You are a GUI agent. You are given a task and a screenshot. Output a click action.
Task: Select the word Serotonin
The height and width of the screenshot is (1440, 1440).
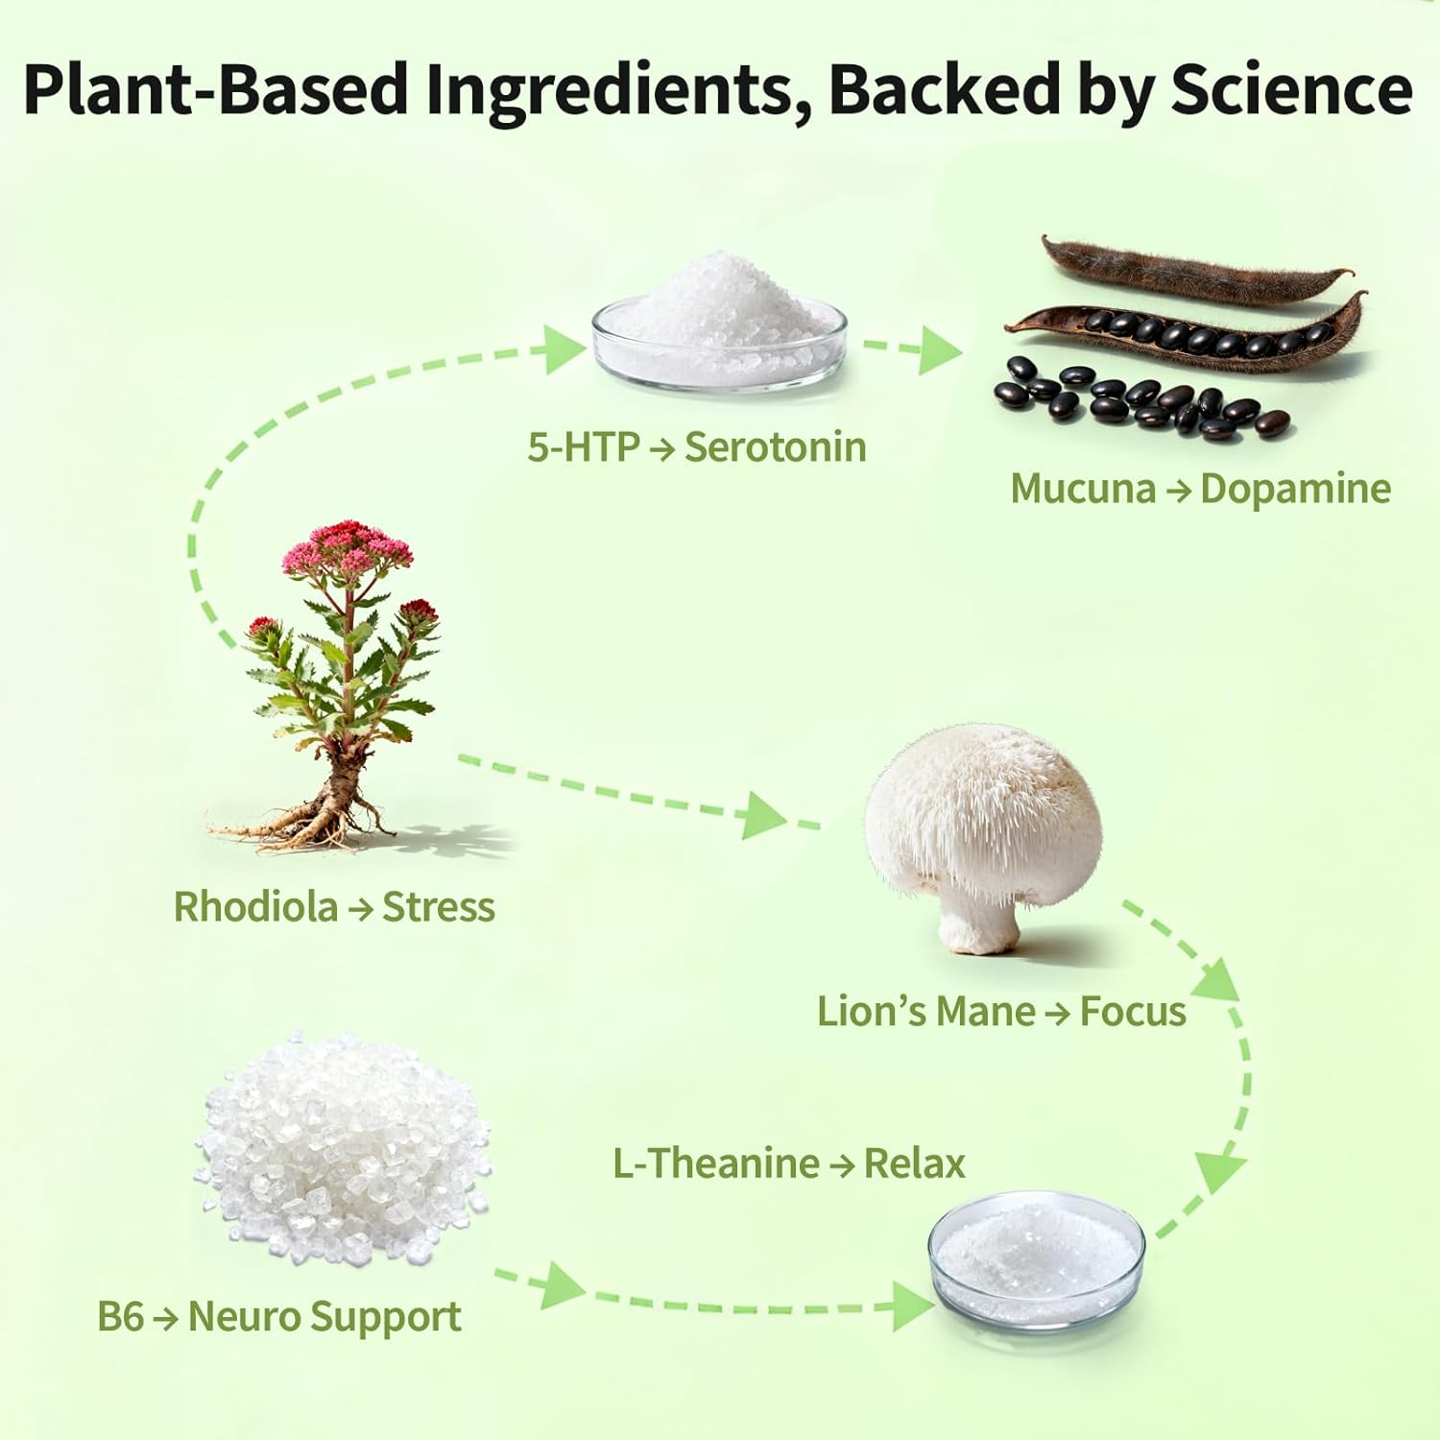click(x=775, y=447)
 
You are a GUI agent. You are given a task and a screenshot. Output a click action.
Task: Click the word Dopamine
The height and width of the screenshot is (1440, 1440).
click(x=1295, y=489)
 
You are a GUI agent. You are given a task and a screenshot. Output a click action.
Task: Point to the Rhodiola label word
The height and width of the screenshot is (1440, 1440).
click(x=255, y=907)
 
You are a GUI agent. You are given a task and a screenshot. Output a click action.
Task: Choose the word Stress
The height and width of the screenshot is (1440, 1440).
click(x=439, y=907)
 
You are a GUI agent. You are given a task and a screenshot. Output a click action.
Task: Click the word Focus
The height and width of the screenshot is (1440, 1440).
click(x=1133, y=1012)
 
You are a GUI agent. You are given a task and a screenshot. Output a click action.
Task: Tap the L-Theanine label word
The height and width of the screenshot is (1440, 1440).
click(x=716, y=1164)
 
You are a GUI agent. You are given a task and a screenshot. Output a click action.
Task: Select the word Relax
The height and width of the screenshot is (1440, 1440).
click(x=914, y=1164)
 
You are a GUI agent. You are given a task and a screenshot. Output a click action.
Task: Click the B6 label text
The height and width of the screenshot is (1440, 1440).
click(x=120, y=1316)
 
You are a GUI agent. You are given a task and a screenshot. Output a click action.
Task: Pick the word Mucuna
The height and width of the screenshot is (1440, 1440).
click(x=1083, y=489)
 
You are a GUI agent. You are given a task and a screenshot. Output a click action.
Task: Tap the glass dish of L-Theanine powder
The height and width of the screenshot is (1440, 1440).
click(x=1036, y=1258)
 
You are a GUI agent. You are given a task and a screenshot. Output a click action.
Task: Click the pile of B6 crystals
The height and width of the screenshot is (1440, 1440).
click(x=343, y=1147)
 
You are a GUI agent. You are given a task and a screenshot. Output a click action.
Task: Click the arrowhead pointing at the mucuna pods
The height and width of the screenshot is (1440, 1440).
click(x=938, y=350)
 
